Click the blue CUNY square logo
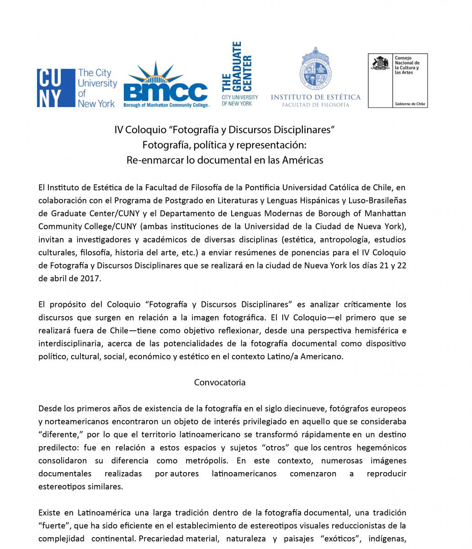55,88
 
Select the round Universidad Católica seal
316,69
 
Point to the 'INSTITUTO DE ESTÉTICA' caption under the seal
316,97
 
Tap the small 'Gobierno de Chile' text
410,104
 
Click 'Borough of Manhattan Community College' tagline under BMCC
166,105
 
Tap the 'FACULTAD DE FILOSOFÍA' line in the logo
316,105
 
